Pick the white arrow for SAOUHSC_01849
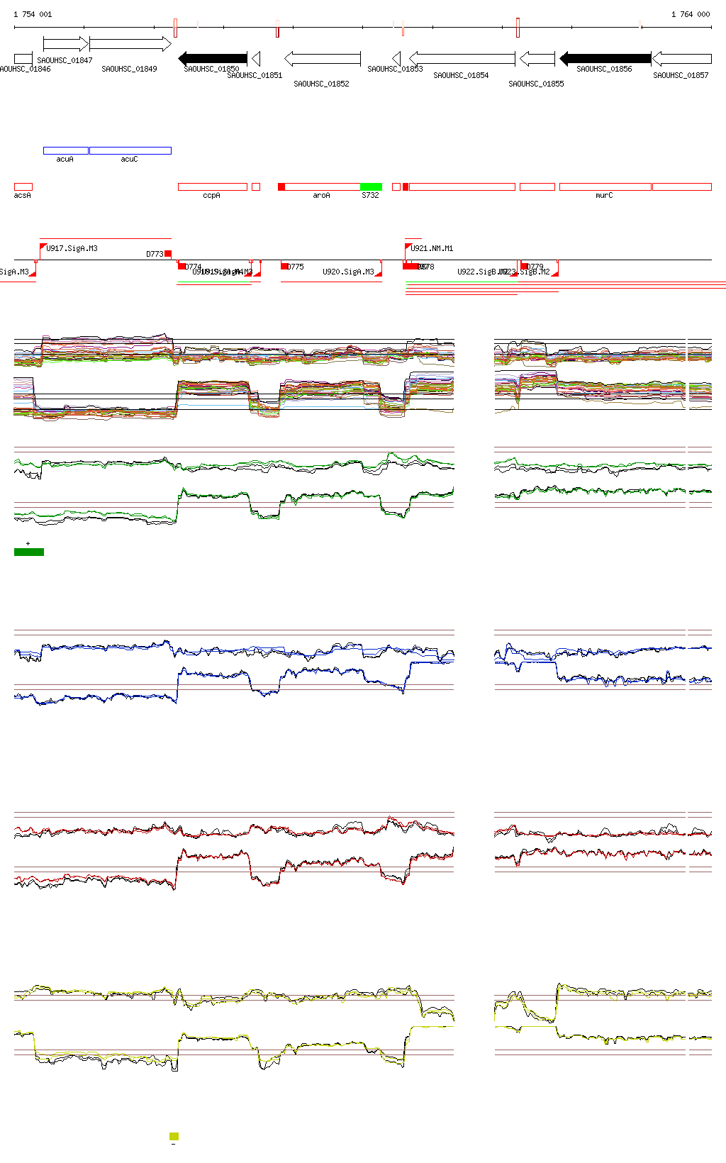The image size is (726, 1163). tap(130, 44)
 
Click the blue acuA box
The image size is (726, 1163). tap(65, 150)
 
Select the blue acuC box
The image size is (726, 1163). tap(130, 150)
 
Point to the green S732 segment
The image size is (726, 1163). tap(371, 187)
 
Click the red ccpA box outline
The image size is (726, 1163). tap(212, 187)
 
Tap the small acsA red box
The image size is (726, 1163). tap(23, 187)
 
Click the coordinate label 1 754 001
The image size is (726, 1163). tap(33, 14)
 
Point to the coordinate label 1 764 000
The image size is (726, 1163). tap(690, 14)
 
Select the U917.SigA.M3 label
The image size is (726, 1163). tap(72, 248)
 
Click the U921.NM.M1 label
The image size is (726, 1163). tap(431, 248)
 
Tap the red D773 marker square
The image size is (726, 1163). tap(168, 253)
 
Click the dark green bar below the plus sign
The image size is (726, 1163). tap(29, 552)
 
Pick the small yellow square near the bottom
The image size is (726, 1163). tap(174, 1136)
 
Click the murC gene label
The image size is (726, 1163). tap(604, 195)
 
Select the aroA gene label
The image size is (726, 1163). tap(321, 195)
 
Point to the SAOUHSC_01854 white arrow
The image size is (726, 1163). tap(462, 58)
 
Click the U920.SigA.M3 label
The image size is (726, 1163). tap(347, 272)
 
